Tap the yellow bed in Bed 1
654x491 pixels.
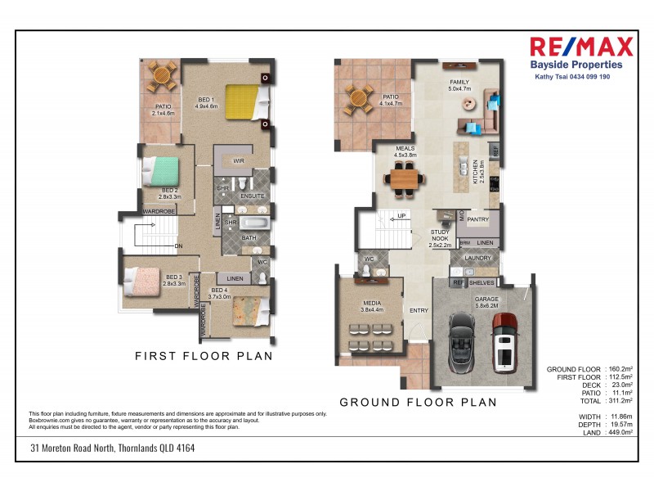(x=246, y=103)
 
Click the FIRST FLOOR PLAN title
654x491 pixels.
(x=204, y=356)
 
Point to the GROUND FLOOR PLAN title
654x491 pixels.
(x=418, y=402)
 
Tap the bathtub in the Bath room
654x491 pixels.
(x=254, y=223)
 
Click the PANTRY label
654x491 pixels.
(x=477, y=220)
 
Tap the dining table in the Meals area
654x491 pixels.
(x=405, y=176)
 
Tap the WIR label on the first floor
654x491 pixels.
(x=239, y=160)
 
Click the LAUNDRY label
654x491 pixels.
(x=477, y=258)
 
